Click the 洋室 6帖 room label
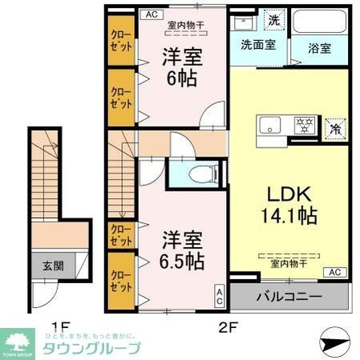[x=181, y=68]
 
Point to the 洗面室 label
[x=258, y=45]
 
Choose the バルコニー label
[x=289, y=297]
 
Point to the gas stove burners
[x=303, y=126]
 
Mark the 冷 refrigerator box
[x=335, y=127]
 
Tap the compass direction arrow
[x=336, y=341]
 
